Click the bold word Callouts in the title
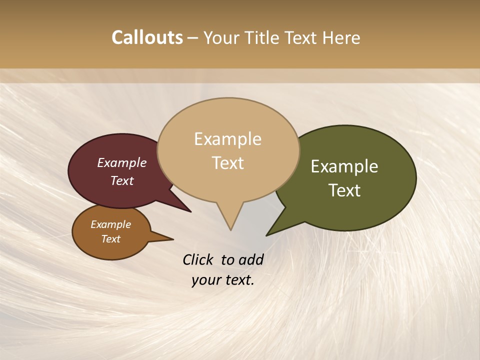147,37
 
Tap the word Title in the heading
261,38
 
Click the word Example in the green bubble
344,166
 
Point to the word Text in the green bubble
344,190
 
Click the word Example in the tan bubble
227,139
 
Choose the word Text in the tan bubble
227,163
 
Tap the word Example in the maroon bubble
121,162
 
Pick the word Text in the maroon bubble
121,180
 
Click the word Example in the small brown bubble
110,224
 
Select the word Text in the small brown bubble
110,239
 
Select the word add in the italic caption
251,259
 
